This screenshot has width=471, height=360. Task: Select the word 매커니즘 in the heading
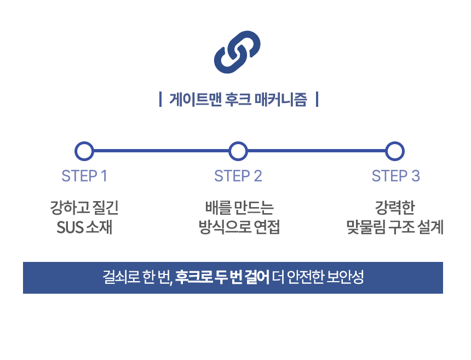coord(281,99)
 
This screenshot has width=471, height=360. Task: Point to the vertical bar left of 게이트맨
coord(160,100)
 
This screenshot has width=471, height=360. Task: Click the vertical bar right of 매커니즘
coord(317,100)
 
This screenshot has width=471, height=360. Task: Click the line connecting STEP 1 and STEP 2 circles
coord(161,151)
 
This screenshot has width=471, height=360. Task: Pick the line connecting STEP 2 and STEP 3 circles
coord(317,151)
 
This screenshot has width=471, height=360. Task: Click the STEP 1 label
coord(84,176)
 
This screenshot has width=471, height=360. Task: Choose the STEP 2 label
coord(238,176)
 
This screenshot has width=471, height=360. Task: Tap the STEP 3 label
coord(395,176)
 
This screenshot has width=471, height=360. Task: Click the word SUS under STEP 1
coord(70,227)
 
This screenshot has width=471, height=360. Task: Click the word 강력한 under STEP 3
coord(395,207)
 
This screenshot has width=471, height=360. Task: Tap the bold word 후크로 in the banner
coord(194,277)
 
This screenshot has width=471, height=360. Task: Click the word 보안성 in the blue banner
coord(345,277)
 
